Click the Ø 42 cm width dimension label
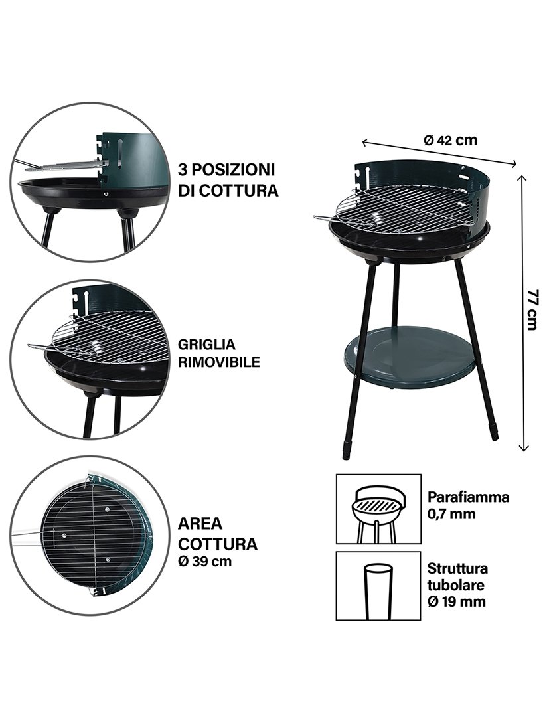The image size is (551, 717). click(450, 140)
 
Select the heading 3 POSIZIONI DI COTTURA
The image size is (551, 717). click(228, 180)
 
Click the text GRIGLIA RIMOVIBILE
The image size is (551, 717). click(218, 354)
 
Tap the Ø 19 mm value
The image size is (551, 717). click(457, 602)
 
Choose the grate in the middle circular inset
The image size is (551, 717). click(110, 338)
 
